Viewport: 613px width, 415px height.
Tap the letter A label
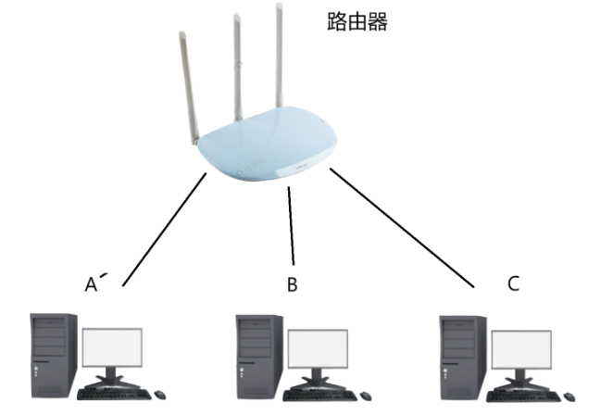click(91, 284)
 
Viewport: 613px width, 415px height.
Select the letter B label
click(292, 284)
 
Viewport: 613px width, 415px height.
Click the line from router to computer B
click(292, 227)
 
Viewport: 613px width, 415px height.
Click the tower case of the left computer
click(53, 352)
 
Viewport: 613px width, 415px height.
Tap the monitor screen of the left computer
click(112, 348)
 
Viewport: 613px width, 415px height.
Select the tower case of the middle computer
click(258, 352)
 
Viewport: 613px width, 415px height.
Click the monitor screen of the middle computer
click(318, 348)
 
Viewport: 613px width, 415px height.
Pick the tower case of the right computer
click(461, 352)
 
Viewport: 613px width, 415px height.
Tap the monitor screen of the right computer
click(521, 348)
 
